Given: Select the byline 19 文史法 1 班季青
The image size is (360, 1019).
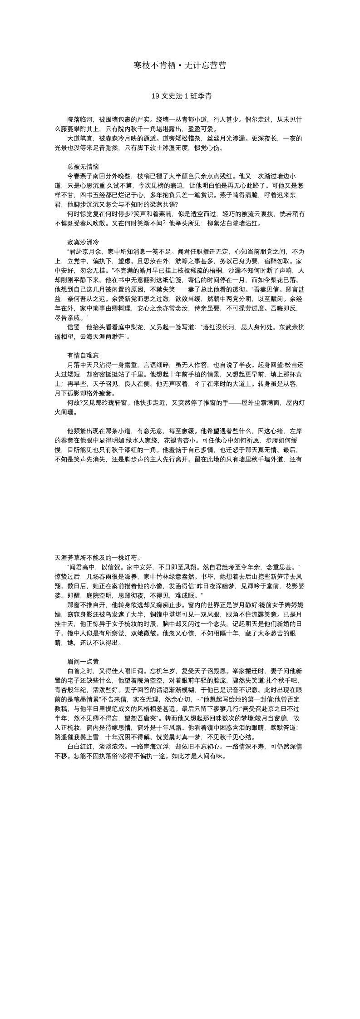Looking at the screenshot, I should tap(180, 96).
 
